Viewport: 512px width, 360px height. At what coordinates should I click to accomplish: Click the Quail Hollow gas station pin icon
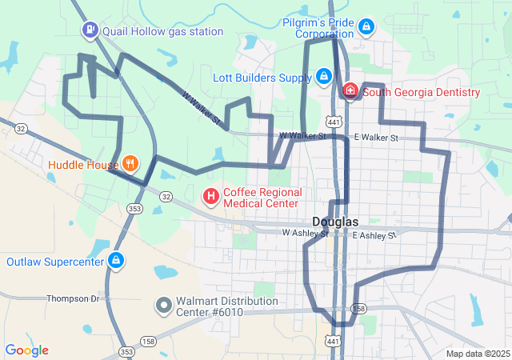tap(90, 31)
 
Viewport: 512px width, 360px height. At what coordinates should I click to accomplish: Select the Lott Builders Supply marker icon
tap(323, 78)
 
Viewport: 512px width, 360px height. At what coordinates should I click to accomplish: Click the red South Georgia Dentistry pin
tap(350, 92)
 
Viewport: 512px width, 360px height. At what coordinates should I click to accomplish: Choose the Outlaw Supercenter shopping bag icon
tap(117, 261)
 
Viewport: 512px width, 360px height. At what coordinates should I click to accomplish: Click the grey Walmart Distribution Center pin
tap(163, 305)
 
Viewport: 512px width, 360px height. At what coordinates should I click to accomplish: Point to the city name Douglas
tap(335, 222)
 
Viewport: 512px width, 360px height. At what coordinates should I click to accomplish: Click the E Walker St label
tap(376, 138)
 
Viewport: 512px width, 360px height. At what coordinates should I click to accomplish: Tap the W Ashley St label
tap(305, 234)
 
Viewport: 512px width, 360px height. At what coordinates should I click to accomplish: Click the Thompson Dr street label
tap(72, 298)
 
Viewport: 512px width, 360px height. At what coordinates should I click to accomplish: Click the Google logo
tap(26, 350)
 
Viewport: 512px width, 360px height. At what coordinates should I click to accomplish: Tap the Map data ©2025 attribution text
tap(477, 354)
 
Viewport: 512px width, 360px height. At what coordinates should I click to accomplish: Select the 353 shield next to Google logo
tap(126, 351)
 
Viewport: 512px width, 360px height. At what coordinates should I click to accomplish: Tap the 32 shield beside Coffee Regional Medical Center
tap(166, 196)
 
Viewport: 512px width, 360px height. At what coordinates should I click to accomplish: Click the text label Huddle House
tap(82, 166)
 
